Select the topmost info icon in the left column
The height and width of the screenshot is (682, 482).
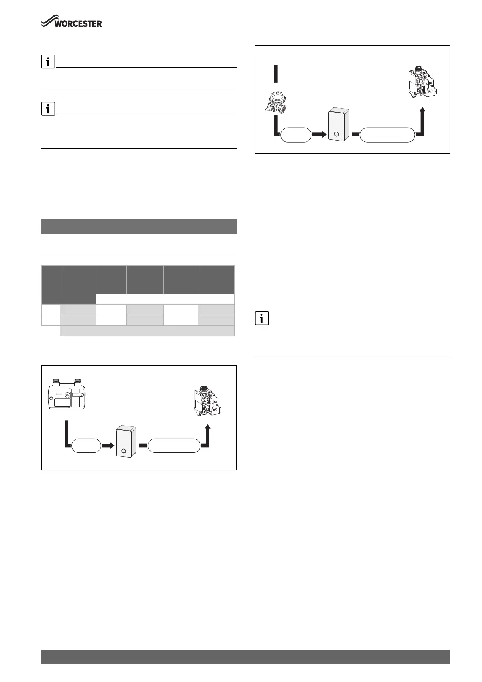pyautogui.click(x=48, y=62)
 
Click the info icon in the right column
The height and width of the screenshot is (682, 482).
pyautogui.click(x=262, y=319)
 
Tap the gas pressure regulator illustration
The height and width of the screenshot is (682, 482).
pyautogui.click(x=276, y=103)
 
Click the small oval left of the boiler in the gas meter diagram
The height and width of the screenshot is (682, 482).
pyautogui.click(x=86, y=445)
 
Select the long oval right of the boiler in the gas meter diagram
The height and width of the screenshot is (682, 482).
pyautogui.click(x=174, y=445)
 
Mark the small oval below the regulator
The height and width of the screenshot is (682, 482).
pyautogui.click(x=296, y=135)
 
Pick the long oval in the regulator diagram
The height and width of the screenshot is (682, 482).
pyautogui.click(x=387, y=135)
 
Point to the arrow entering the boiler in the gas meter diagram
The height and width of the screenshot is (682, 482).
pyautogui.click(x=108, y=445)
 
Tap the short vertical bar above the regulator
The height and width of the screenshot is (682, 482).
pyautogui.click(x=276, y=74)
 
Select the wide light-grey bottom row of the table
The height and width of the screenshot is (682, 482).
pyautogui.click(x=147, y=330)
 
